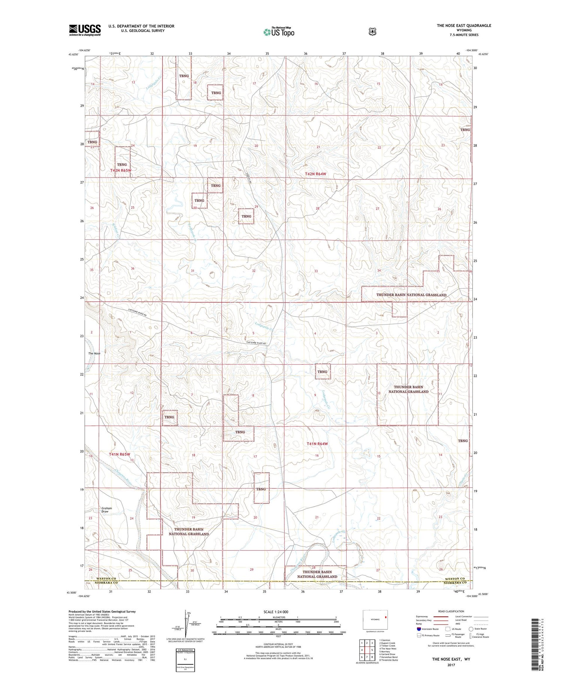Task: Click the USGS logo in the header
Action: (85, 30)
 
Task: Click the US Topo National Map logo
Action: (279, 31)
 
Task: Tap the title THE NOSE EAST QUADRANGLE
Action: (463, 25)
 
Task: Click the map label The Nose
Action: (94, 353)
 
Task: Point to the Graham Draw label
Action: (107, 510)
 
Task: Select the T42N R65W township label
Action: (121, 170)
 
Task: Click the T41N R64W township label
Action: (317, 444)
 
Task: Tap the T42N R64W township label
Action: (315, 174)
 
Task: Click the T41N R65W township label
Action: (120, 454)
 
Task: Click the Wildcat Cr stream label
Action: (115, 231)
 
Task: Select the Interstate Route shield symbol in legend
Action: (419, 629)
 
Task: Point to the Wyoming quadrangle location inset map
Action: (375, 619)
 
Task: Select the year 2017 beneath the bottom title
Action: (450, 665)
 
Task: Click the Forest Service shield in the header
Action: (372, 32)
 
